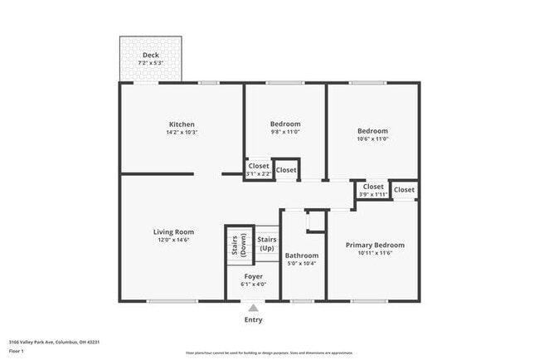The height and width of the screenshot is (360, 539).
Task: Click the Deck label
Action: pyautogui.click(x=151, y=55)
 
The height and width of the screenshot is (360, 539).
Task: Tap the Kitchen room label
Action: pyautogui.click(x=182, y=124)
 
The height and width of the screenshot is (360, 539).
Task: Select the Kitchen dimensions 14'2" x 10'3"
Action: pyautogui.click(x=182, y=132)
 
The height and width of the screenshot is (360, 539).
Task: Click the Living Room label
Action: pyautogui.click(x=173, y=231)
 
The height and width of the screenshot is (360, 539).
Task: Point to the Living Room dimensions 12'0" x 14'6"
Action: pyautogui.click(x=173, y=240)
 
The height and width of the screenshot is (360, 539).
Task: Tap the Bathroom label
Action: pyautogui.click(x=302, y=255)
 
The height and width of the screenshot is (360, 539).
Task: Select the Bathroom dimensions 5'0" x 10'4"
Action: pyautogui.click(x=302, y=264)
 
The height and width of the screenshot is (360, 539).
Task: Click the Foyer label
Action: pyautogui.click(x=253, y=276)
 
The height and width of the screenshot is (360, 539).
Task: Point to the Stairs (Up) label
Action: pyautogui.click(x=267, y=244)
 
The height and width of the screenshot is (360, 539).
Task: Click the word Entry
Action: pyautogui.click(x=253, y=319)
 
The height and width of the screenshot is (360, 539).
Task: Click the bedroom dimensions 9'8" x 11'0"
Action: pyautogui.click(x=285, y=132)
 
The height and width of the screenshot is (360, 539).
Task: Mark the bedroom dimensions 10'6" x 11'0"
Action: pyautogui.click(x=372, y=139)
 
